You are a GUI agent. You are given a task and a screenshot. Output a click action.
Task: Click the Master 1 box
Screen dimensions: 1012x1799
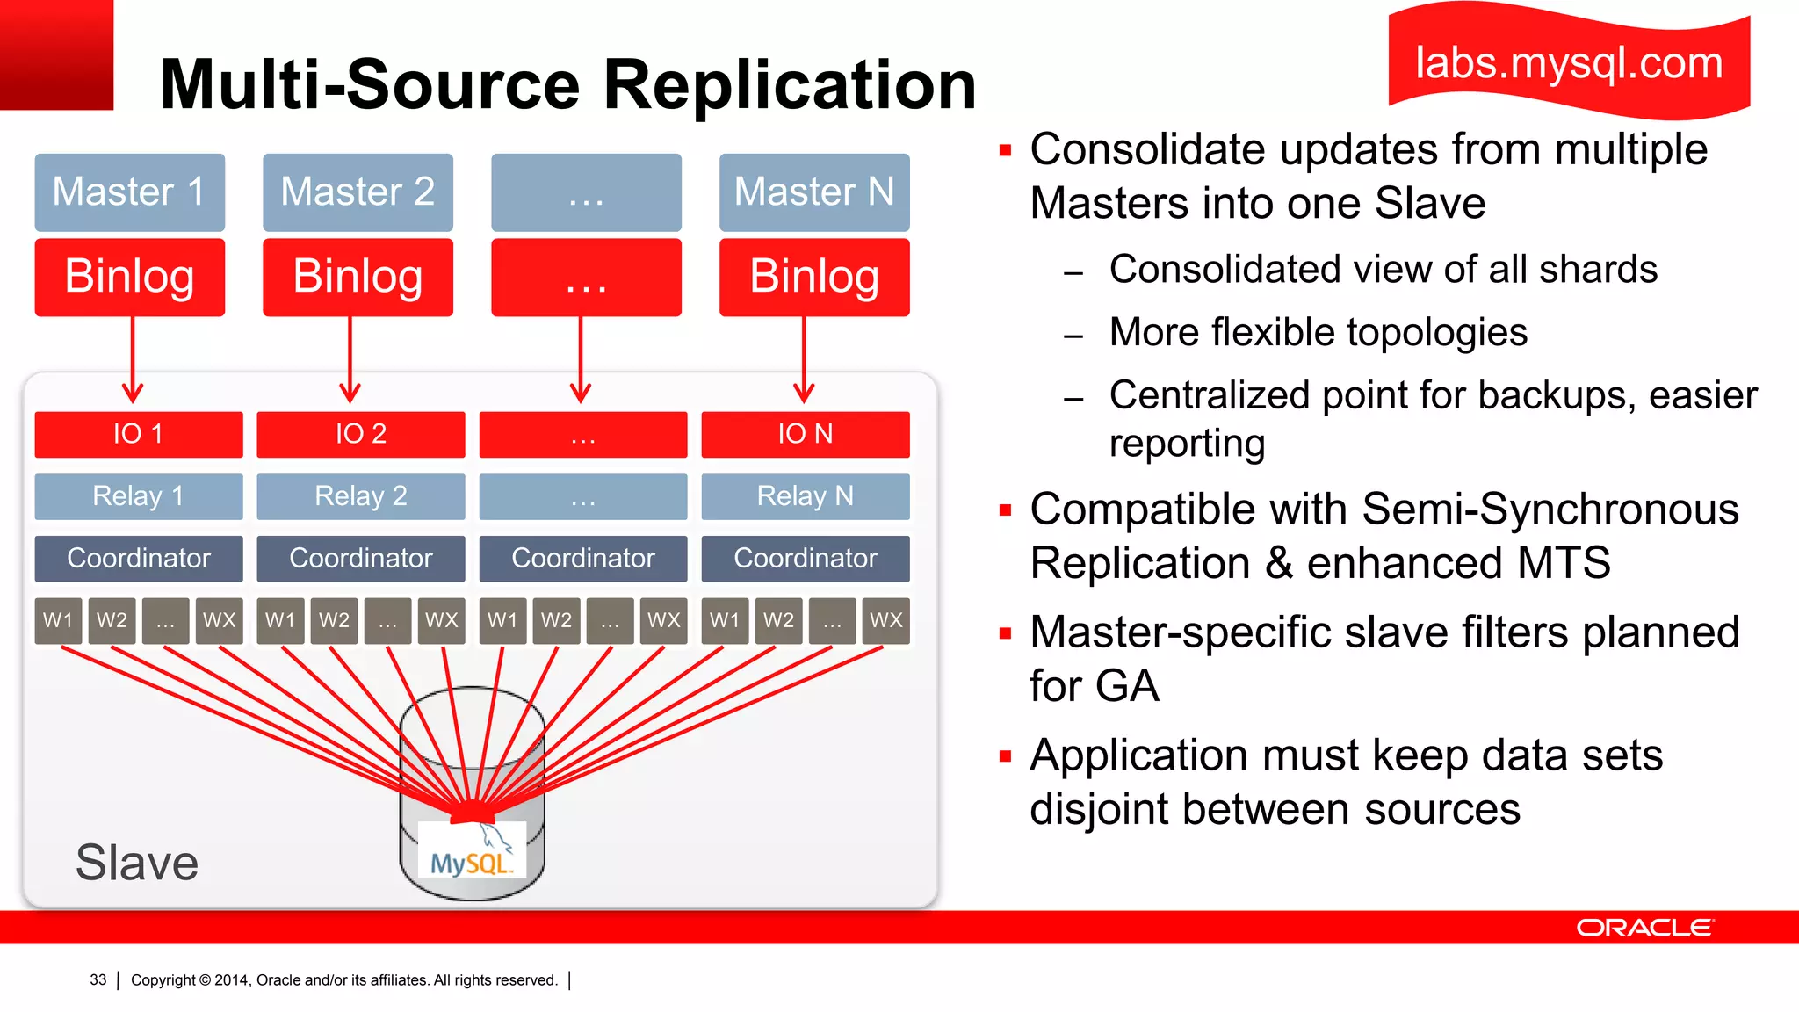[130, 192]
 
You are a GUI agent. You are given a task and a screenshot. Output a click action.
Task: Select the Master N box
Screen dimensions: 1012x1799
[814, 192]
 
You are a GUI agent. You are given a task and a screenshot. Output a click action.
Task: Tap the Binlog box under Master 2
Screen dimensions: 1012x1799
[358, 277]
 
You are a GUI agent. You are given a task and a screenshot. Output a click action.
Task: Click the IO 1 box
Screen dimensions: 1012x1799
[139, 434]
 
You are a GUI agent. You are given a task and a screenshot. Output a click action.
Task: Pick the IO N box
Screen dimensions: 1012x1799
[805, 434]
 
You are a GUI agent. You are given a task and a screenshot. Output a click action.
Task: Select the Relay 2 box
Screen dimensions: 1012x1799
[361, 496]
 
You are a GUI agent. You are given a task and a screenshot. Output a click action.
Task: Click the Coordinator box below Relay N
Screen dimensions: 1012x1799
[805, 558]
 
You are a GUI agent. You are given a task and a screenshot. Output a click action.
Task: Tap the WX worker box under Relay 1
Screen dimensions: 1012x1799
[219, 620]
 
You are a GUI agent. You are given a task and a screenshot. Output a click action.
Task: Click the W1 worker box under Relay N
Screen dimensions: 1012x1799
[725, 620]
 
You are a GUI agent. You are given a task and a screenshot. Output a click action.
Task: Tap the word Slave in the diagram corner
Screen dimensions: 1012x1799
[137, 863]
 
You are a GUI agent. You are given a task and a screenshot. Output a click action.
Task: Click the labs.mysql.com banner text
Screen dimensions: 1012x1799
[1569, 63]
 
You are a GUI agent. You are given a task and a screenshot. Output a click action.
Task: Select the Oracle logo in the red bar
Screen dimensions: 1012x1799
[1644, 928]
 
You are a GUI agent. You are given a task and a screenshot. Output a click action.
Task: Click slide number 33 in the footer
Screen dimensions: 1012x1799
[98, 979]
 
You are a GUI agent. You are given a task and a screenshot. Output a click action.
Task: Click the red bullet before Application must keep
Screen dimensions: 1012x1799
[1006, 755]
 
